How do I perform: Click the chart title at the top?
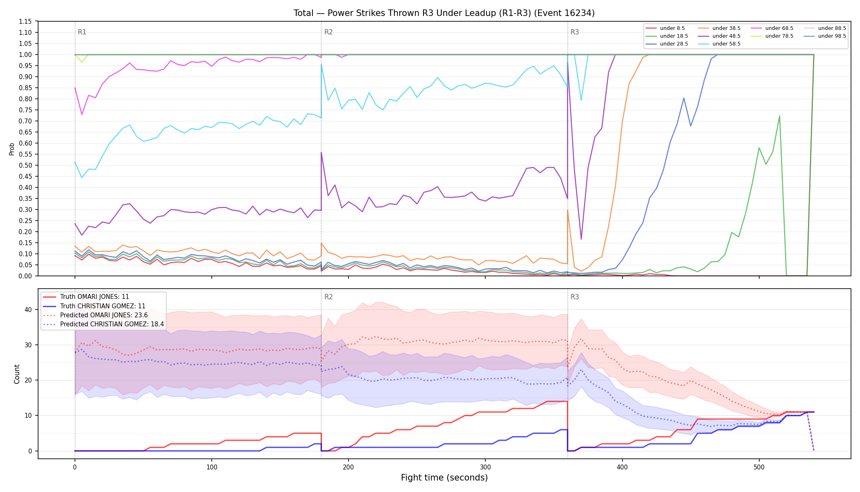pos(444,13)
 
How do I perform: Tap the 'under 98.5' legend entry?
pos(823,36)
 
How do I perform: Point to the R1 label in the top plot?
pos(82,32)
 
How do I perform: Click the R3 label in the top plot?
pos(575,32)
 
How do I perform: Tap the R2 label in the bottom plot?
pos(328,297)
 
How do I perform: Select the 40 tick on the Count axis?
pos(28,310)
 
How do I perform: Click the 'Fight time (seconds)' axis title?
pos(444,478)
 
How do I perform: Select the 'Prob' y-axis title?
pos(12,149)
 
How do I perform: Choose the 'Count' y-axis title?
pos(17,374)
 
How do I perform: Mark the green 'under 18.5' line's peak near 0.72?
pos(779,116)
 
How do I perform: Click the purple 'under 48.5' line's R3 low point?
pos(581,239)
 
